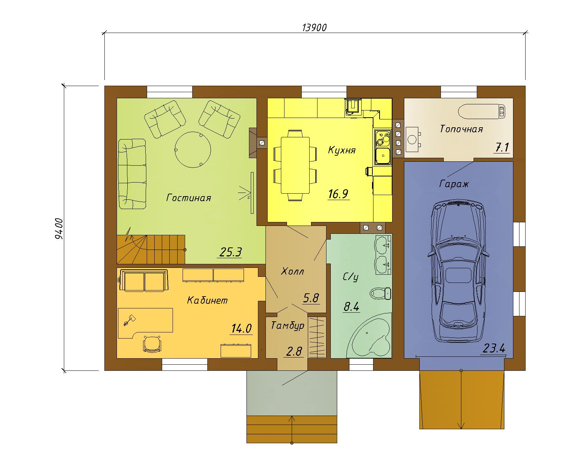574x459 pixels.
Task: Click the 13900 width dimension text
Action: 314,28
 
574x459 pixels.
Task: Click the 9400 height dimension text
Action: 59,228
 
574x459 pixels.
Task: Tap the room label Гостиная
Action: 189,198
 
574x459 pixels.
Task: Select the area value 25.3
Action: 230,252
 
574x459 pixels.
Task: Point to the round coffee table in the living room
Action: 193,150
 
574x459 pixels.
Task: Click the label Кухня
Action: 342,150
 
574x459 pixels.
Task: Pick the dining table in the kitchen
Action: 295,165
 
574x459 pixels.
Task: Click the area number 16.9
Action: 338,194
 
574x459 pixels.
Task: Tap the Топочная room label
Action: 461,129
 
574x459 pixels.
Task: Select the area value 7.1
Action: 502,147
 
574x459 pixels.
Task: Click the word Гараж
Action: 454,184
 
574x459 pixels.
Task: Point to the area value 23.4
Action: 494,348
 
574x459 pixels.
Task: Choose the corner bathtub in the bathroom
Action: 369,335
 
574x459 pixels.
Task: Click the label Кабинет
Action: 207,300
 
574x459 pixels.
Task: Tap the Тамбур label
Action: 287,326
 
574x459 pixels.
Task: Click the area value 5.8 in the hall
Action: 311,298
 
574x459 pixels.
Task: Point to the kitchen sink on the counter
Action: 383,156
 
